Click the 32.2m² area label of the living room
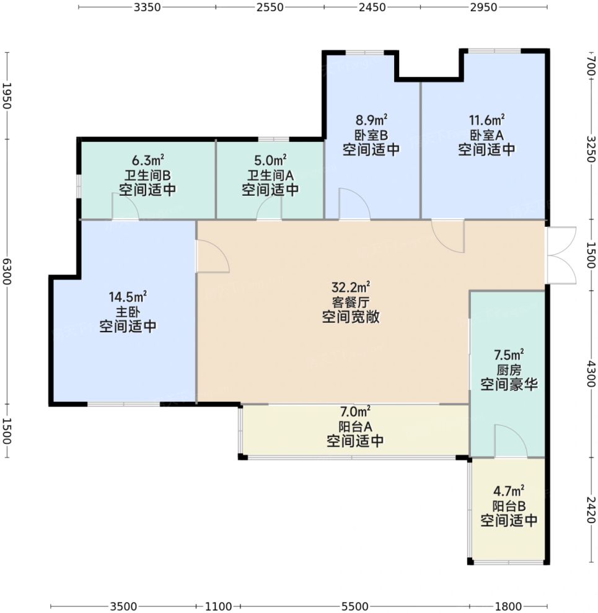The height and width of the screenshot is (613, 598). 351,288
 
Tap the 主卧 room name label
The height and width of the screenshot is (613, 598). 128,312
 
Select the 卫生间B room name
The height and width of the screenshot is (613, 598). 147,175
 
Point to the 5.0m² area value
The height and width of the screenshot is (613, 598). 270,160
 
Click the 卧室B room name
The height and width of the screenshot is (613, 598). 371,135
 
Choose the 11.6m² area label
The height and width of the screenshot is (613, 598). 486,120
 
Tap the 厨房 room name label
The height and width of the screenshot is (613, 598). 509,369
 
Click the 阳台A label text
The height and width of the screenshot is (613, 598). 355,426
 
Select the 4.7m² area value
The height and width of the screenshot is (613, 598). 509,491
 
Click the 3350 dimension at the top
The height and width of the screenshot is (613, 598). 147,7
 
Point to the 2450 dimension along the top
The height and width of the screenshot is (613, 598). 372,7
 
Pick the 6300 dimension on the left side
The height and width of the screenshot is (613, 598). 7,271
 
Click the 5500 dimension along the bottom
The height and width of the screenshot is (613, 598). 355,606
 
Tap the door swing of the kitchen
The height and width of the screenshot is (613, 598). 511,441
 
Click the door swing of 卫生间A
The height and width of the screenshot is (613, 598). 269,208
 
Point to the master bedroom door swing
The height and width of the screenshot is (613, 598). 213,256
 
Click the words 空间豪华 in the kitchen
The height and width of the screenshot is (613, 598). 509,384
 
